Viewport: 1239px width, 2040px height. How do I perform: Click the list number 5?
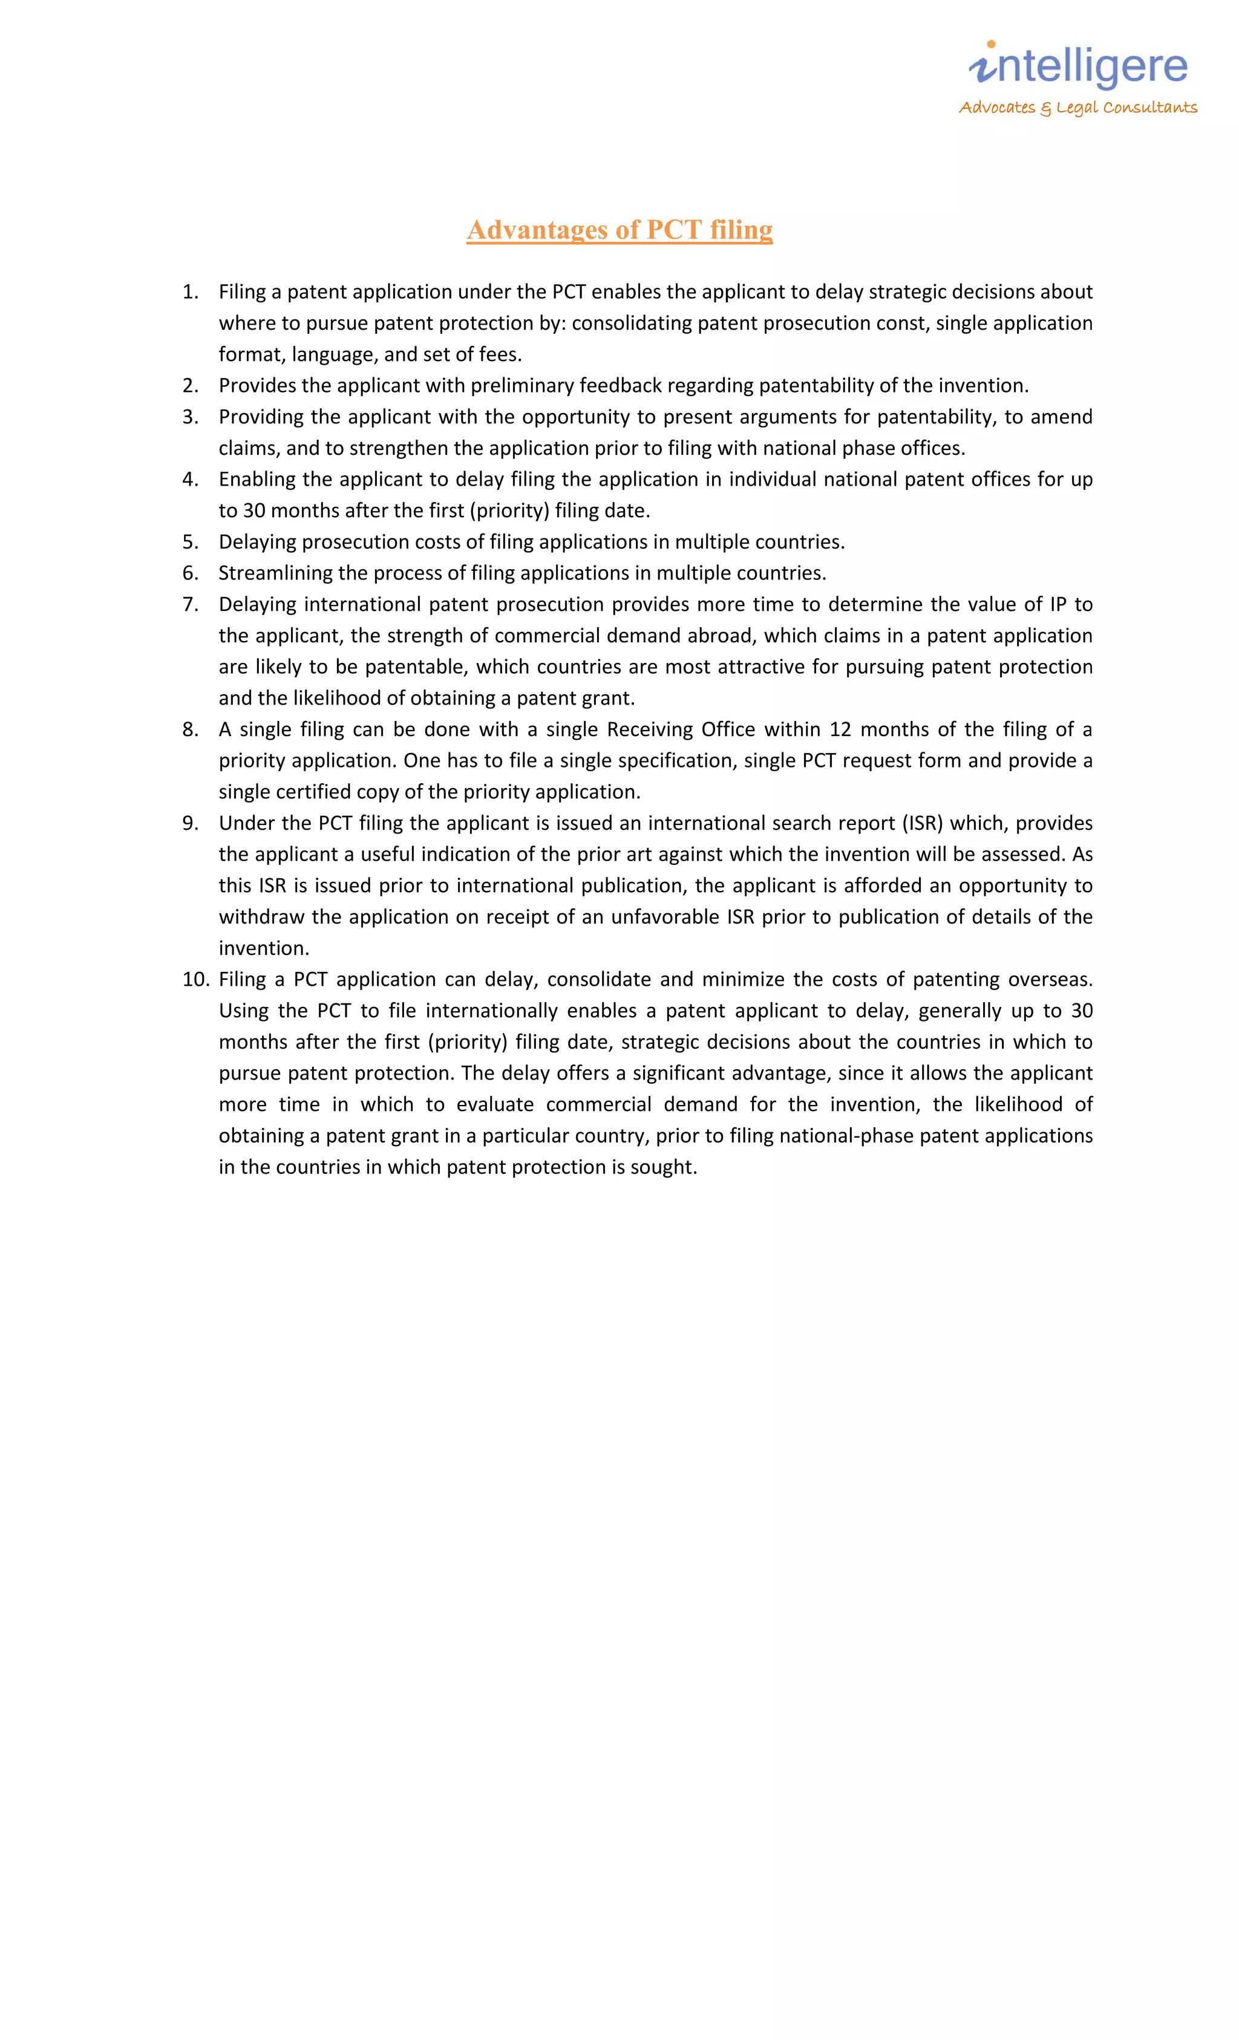point(191,543)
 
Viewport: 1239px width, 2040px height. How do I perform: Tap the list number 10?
point(195,979)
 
